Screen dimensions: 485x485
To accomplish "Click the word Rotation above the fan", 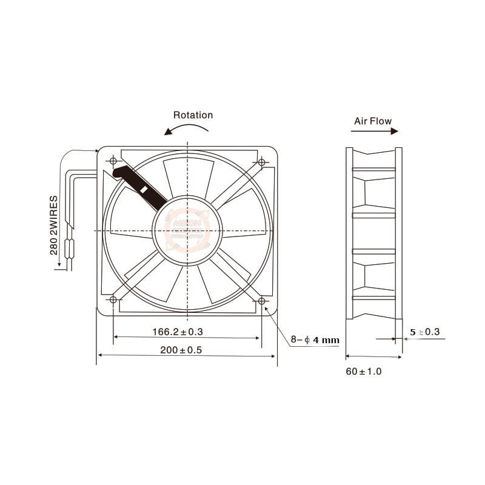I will point(193,115).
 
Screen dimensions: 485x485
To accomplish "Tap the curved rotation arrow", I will point(188,129).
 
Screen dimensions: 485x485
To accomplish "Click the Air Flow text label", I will point(373,121).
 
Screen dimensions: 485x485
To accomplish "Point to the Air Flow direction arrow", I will point(373,131).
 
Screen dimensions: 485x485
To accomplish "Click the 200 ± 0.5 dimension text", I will point(180,350).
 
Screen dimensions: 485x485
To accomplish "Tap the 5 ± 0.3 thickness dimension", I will point(424,332).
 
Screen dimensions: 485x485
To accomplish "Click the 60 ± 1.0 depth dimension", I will point(364,371).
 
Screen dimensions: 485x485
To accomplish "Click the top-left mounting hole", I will point(113,161).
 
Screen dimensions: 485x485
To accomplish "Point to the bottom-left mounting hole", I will point(113,301).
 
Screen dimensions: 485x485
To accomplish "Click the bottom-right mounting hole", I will point(262,301).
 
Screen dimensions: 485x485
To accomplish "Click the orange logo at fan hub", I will point(187,230).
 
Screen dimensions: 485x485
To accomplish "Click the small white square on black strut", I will point(144,189).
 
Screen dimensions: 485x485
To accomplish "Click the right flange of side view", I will point(398,233).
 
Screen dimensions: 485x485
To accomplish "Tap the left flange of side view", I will point(349,233).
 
